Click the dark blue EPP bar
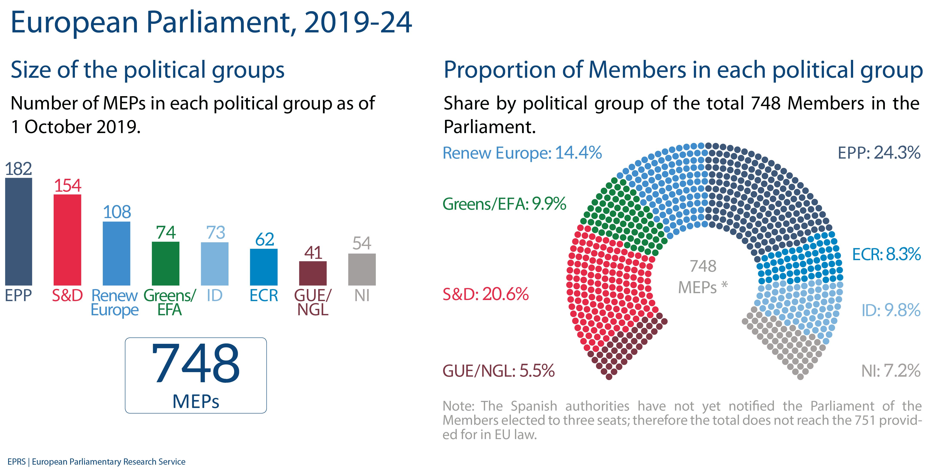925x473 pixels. click(x=19, y=232)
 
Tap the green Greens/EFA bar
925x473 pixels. click(x=165, y=263)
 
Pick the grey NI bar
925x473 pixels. click(x=362, y=269)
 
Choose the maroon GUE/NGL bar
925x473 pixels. click(x=313, y=273)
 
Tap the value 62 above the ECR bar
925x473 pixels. click(x=265, y=239)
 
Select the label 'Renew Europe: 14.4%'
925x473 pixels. click(x=522, y=153)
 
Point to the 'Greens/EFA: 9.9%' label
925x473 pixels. click(x=504, y=204)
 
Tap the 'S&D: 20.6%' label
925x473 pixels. click(x=486, y=294)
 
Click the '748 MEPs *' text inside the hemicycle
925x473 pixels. click(x=702, y=277)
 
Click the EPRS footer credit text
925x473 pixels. click(x=96, y=461)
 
